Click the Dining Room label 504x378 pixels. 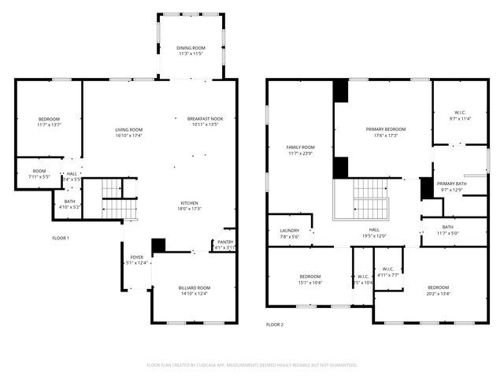191,48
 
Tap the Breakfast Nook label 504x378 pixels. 205,118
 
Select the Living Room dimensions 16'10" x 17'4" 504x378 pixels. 128,135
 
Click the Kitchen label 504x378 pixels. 193,202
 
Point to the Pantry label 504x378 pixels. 225,242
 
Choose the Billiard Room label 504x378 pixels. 194,288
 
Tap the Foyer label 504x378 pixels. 137,258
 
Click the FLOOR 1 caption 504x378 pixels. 61,238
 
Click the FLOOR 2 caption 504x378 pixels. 274,324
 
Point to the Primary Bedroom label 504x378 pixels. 386,129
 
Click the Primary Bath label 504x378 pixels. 452,183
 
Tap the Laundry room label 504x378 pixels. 289,231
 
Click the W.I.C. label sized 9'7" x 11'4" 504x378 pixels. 460,112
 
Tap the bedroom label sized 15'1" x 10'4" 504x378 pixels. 309,276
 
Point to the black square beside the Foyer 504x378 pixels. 158,246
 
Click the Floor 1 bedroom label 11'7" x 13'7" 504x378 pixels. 49,118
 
